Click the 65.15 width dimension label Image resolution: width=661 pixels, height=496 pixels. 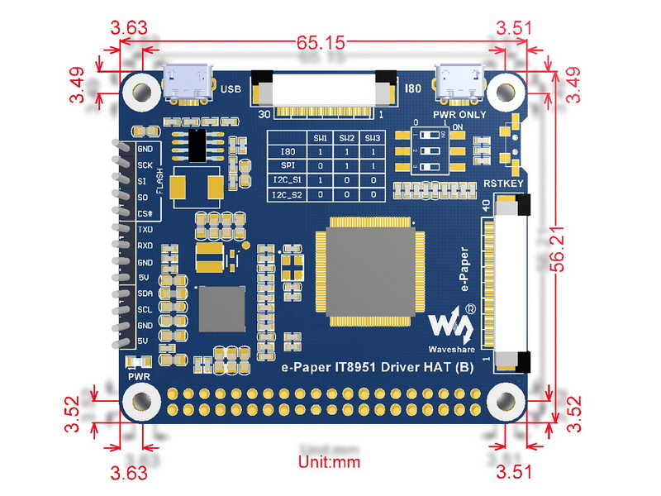pos(321,42)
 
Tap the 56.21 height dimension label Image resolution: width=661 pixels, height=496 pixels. pos(557,249)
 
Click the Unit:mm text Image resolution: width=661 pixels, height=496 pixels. pos(329,462)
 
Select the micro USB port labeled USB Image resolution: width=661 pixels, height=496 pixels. pos(188,83)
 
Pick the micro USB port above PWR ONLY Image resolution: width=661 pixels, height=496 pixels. pos(460,83)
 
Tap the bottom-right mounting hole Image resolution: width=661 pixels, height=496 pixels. pos(506,401)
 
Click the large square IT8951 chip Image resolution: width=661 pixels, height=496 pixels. pos(370,272)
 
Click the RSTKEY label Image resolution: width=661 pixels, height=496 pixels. pos(503,184)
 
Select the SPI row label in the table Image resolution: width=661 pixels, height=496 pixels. pos(288,165)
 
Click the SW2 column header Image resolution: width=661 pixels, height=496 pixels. pos(346,138)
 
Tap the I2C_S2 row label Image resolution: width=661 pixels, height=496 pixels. pos(288,194)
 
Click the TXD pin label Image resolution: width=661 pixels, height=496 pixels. pos(145,230)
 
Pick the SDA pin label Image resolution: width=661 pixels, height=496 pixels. pos(145,293)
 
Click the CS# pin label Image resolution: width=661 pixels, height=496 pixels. pos(145,214)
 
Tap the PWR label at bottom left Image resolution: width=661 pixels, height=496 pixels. pos(139,377)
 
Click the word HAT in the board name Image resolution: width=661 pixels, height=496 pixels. pos(438,367)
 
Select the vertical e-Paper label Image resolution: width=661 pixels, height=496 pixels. pos(464,269)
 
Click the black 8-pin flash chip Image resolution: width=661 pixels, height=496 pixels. pos(197,145)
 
